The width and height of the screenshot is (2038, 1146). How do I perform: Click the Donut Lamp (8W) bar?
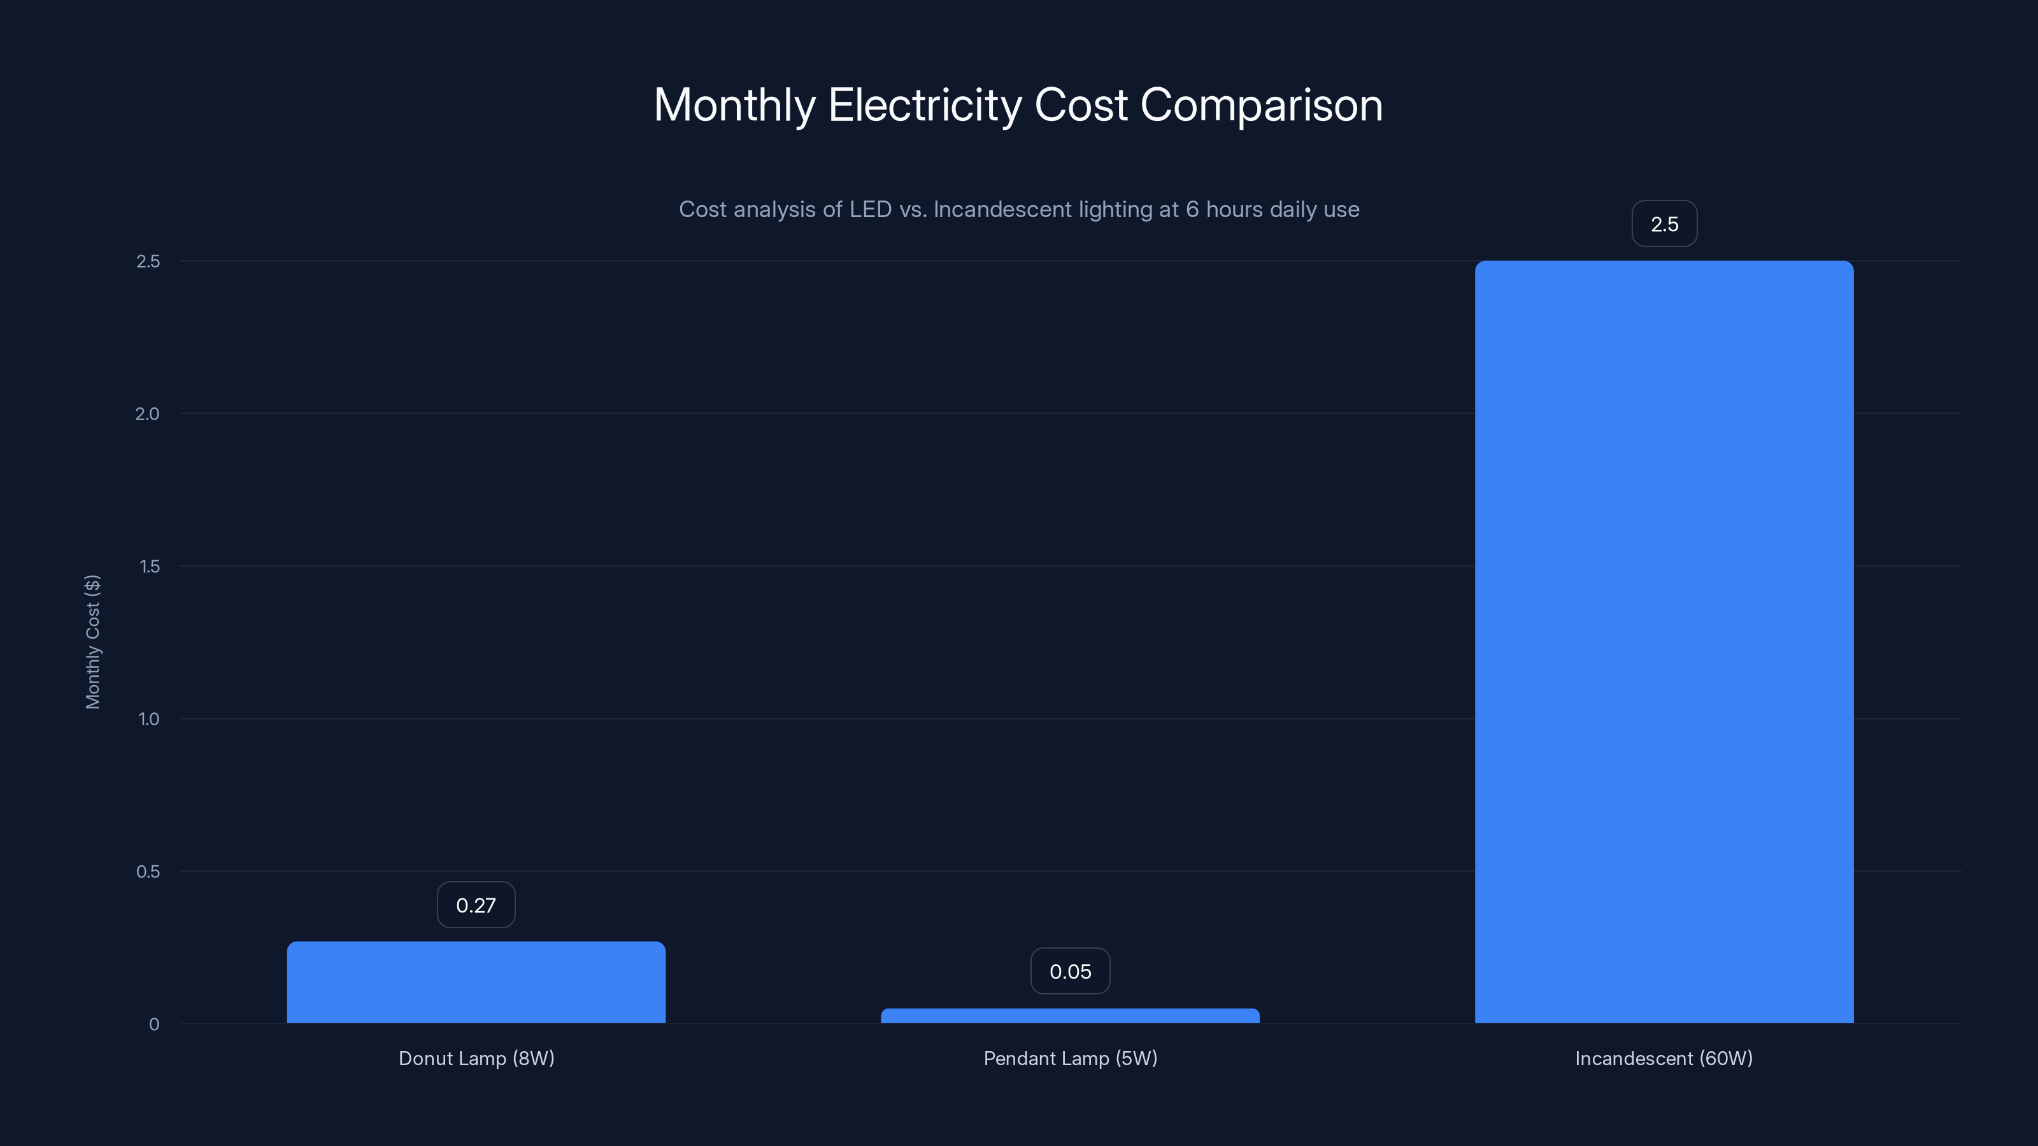tap(476, 982)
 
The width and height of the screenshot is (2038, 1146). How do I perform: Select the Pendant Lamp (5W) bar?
tap(1070, 1015)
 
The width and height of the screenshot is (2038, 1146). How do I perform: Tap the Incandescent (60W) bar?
tap(1664, 641)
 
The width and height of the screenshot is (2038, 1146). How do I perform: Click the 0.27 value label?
tap(476, 905)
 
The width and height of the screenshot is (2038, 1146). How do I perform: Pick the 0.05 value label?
tap(1070, 971)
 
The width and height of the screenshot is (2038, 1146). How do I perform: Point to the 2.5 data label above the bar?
tap(1664, 224)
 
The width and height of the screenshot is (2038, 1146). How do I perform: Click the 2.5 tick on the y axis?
tap(148, 261)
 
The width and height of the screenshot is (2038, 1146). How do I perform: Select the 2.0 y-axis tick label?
tap(147, 414)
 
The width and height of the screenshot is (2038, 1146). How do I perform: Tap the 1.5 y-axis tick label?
tap(149, 566)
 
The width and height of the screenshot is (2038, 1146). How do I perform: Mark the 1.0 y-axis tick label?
tap(149, 719)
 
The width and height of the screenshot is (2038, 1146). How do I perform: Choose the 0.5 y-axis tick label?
tap(148, 872)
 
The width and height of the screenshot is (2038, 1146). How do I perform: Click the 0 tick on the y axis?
tap(154, 1024)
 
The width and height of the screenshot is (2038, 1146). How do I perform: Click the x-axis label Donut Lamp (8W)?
tap(476, 1058)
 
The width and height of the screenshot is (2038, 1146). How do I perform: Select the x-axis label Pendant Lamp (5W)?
tap(1070, 1058)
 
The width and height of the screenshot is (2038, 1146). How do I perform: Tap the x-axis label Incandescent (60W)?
tap(1664, 1058)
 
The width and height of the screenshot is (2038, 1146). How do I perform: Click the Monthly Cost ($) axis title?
tap(92, 641)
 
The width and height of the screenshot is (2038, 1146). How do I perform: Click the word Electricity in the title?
tap(924, 105)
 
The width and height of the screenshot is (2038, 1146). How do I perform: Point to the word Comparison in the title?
tap(1261, 105)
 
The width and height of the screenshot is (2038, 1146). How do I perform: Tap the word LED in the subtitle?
tap(870, 209)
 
